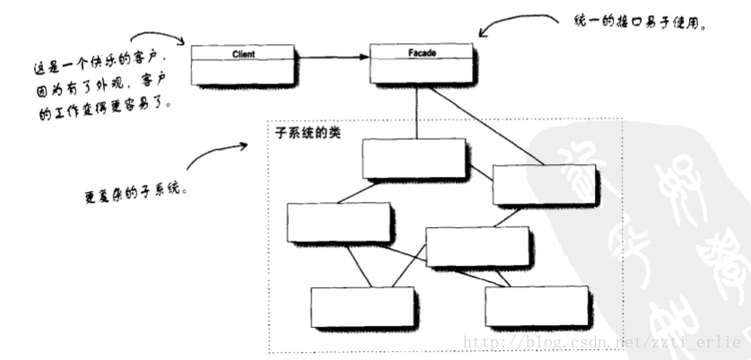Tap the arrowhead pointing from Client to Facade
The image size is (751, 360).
pyautogui.click(x=363, y=58)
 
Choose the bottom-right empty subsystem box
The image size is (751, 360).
pyautogui.click(x=537, y=306)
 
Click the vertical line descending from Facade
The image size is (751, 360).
pyautogui.click(x=415, y=112)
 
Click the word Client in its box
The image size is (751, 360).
pyautogui.click(x=243, y=55)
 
